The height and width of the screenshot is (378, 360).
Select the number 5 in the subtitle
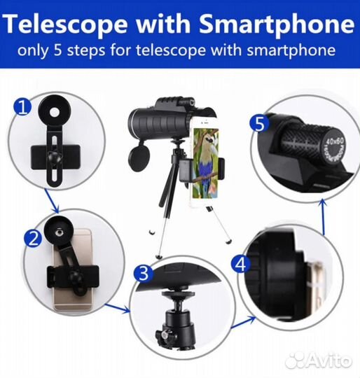coord(58,50)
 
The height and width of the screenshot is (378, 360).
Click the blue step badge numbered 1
coord(22,107)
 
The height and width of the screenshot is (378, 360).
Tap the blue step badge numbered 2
coord(33,238)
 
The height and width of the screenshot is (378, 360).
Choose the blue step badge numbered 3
coord(143,273)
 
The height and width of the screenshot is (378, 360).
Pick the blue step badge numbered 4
coord(240,264)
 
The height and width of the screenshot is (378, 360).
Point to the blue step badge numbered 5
coord(259,124)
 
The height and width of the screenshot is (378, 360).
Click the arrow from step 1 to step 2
coord(52,202)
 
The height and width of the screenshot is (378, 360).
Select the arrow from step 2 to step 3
coord(118,309)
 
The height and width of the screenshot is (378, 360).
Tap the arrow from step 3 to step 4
coord(244,322)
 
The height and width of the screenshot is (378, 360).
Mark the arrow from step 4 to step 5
coord(323,217)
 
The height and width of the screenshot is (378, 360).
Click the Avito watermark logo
coord(319,361)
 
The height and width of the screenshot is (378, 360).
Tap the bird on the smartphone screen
coord(206,159)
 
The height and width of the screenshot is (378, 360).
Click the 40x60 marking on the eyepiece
coord(335,142)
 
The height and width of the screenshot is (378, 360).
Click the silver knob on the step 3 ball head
coord(164,334)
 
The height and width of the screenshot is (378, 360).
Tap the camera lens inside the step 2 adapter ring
coord(59,232)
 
